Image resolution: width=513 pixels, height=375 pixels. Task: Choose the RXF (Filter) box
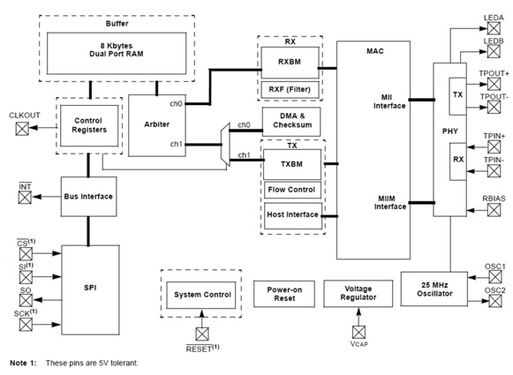[x=290, y=88]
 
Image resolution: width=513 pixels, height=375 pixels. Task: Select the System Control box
[x=202, y=294]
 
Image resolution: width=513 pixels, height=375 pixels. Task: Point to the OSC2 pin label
[x=494, y=289]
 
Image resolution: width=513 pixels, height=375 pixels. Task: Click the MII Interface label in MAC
[x=390, y=100]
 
